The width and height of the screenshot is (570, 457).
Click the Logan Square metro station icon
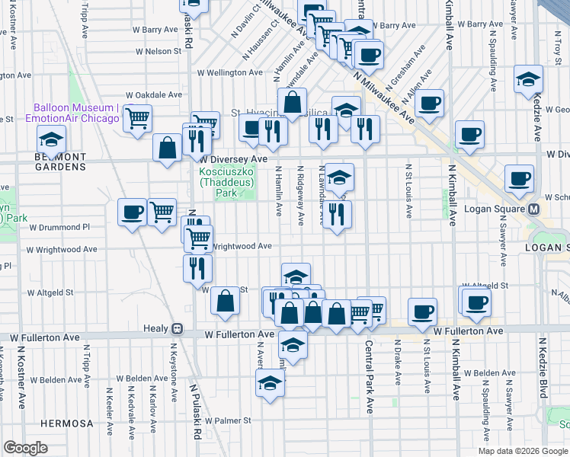coord(534,209)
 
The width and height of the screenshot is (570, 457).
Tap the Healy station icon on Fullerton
coord(177,329)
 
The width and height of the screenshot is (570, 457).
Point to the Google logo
coord(25,448)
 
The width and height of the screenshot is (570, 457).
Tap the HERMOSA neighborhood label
coord(68,423)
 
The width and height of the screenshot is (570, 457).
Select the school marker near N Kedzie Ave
coord(528,79)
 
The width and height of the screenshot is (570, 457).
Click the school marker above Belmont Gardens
coord(51,139)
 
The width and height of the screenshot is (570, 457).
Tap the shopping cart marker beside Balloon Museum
coord(137,117)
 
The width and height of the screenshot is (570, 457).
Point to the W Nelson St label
coord(162,52)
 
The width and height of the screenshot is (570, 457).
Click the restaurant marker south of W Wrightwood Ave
coord(197,267)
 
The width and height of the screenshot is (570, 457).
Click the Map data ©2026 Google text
coord(523,451)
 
